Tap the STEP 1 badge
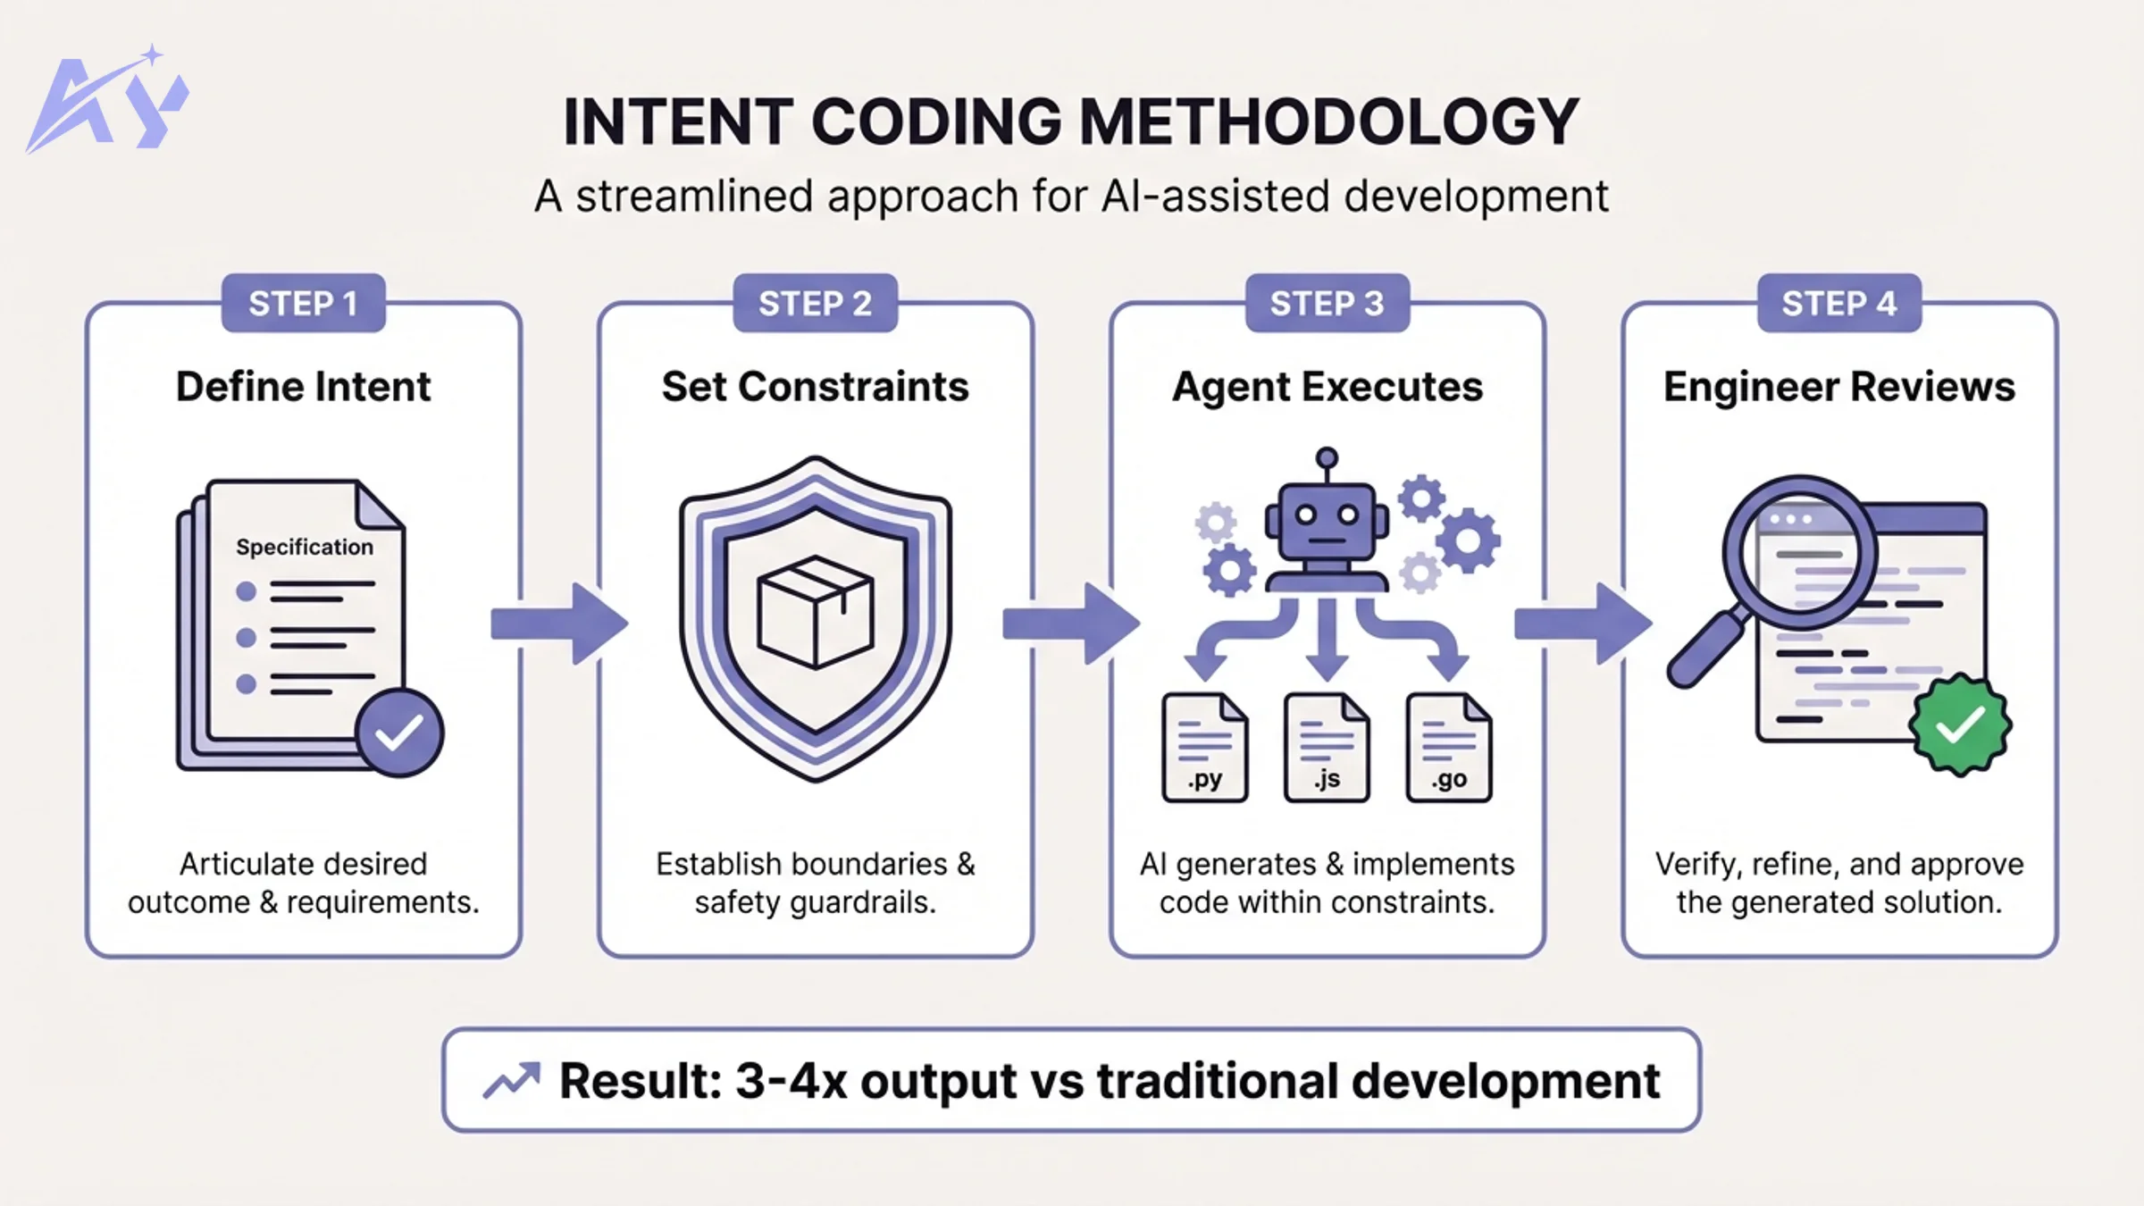tap(303, 304)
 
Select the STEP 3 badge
tap(1327, 304)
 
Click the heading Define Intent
tap(303, 387)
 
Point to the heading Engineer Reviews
tap(1838, 387)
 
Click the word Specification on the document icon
tap(304, 547)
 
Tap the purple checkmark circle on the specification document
tap(398, 733)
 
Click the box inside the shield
tap(815, 612)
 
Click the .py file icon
tap(1204, 748)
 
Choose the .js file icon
tap(1327, 748)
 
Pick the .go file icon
tap(1448, 748)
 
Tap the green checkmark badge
tap(1960, 724)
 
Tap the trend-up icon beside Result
tap(512, 1081)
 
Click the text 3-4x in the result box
tap(790, 1081)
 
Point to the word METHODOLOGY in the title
tap(1328, 122)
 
